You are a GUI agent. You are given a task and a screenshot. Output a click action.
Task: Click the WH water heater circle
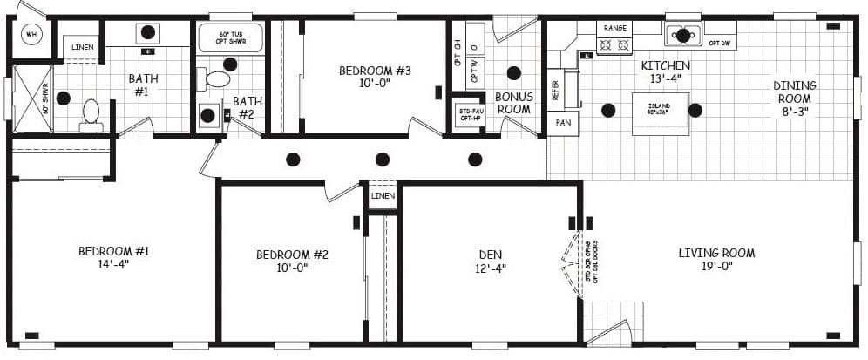[x=33, y=35]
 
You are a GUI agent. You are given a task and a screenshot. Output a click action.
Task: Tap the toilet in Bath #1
[x=91, y=113]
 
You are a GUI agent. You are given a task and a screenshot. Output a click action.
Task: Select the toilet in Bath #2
[x=216, y=79]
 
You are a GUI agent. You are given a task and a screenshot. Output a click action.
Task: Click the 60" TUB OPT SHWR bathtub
[x=230, y=38]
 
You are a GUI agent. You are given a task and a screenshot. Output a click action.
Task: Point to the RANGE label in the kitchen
[x=614, y=27]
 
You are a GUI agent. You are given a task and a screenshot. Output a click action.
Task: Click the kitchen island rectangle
[x=660, y=113]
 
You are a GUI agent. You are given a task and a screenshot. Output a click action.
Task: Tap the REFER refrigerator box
[x=556, y=90]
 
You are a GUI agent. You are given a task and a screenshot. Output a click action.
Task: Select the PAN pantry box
[x=562, y=123]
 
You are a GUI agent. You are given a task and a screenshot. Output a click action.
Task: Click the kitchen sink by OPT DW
[x=683, y=36]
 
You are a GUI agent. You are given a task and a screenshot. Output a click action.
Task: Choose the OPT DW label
[x=719, y=43]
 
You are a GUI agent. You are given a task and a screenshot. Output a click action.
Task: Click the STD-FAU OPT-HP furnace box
[x=469, y=115]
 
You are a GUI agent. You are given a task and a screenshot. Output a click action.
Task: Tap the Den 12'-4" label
[x=492, y=262]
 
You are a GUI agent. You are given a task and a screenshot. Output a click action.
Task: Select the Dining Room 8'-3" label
[x=794, y=98]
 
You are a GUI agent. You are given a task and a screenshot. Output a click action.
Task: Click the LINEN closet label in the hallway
[x=383, y=196]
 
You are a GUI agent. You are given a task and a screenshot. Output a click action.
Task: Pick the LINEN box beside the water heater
[x=84, y=46]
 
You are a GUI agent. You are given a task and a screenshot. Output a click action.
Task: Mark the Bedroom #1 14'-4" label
[x=114, y=258]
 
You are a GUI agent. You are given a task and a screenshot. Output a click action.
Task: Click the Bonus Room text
[x=513, y=103]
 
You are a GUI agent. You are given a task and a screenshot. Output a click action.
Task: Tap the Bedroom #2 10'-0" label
[x=292, y=262]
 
